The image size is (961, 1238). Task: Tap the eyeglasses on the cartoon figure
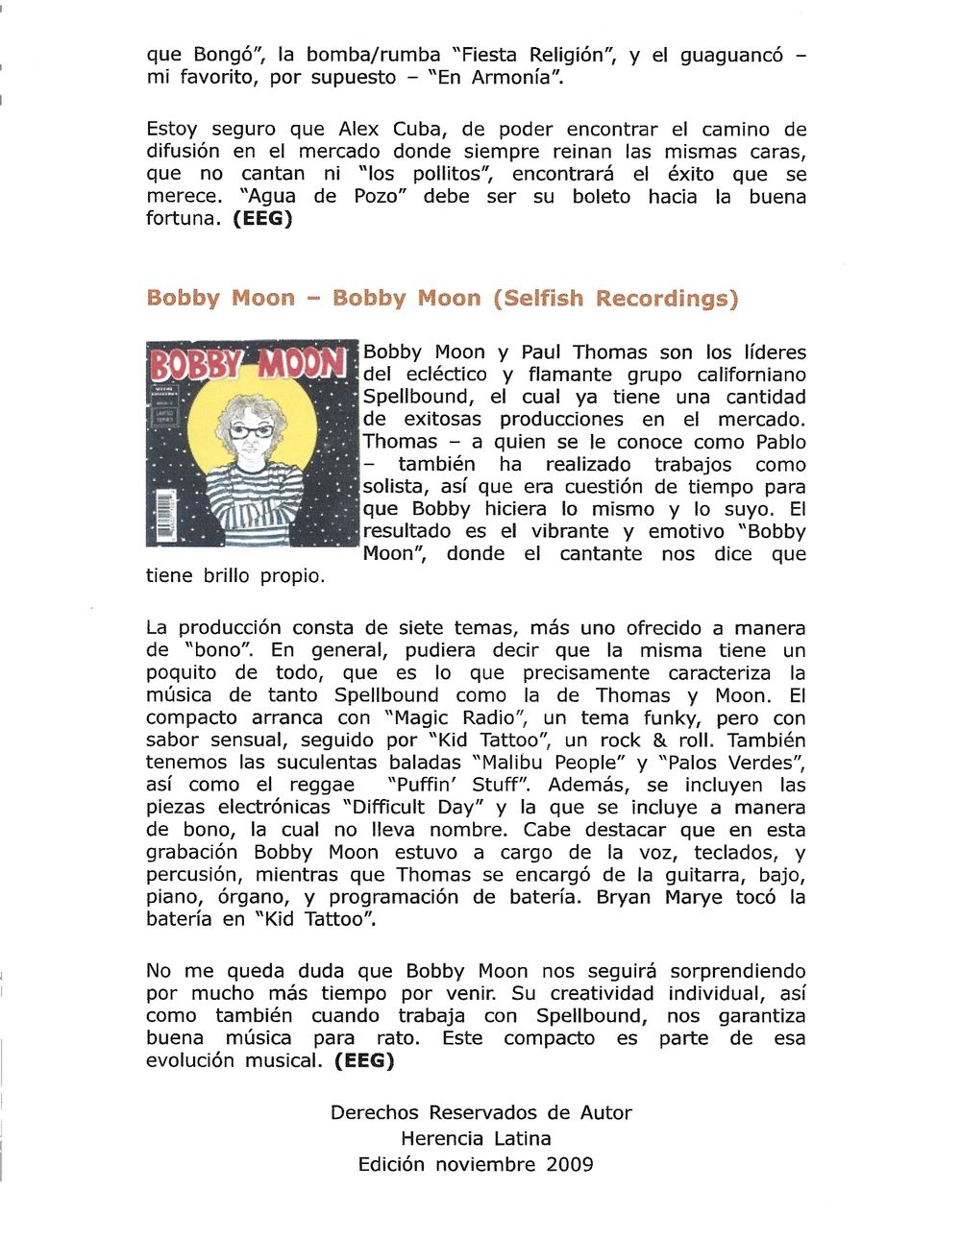250,431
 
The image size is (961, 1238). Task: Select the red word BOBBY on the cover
198,366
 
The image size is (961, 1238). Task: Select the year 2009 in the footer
570,1164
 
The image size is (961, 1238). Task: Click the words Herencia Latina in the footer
476,1138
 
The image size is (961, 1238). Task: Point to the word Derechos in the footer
376,1112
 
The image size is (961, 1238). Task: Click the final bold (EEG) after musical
364,1060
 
